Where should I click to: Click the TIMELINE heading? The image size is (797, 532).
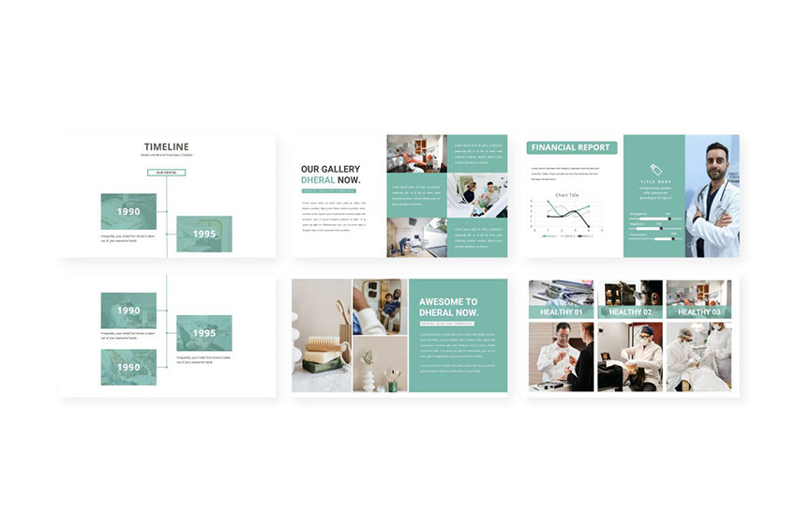coord(166,146)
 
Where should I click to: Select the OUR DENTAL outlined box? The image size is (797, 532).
coord(166,173)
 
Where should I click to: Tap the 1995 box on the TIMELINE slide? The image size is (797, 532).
coord(203,234)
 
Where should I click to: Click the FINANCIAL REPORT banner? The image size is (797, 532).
coord(572,147)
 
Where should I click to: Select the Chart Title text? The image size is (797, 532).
coord(566,195)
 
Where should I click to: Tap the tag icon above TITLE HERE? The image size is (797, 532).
coord(654,169)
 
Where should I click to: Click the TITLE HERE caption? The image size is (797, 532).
coord(654,181)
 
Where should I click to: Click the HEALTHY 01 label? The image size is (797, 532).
coord(561,312)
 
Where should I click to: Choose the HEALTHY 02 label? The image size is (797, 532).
coord(630,312)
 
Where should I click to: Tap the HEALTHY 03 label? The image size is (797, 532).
coord(699,312)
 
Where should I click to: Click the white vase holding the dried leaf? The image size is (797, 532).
coord(368,377)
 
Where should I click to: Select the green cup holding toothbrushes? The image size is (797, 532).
coord(393,385)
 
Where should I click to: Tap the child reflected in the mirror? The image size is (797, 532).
coord(389,305)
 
